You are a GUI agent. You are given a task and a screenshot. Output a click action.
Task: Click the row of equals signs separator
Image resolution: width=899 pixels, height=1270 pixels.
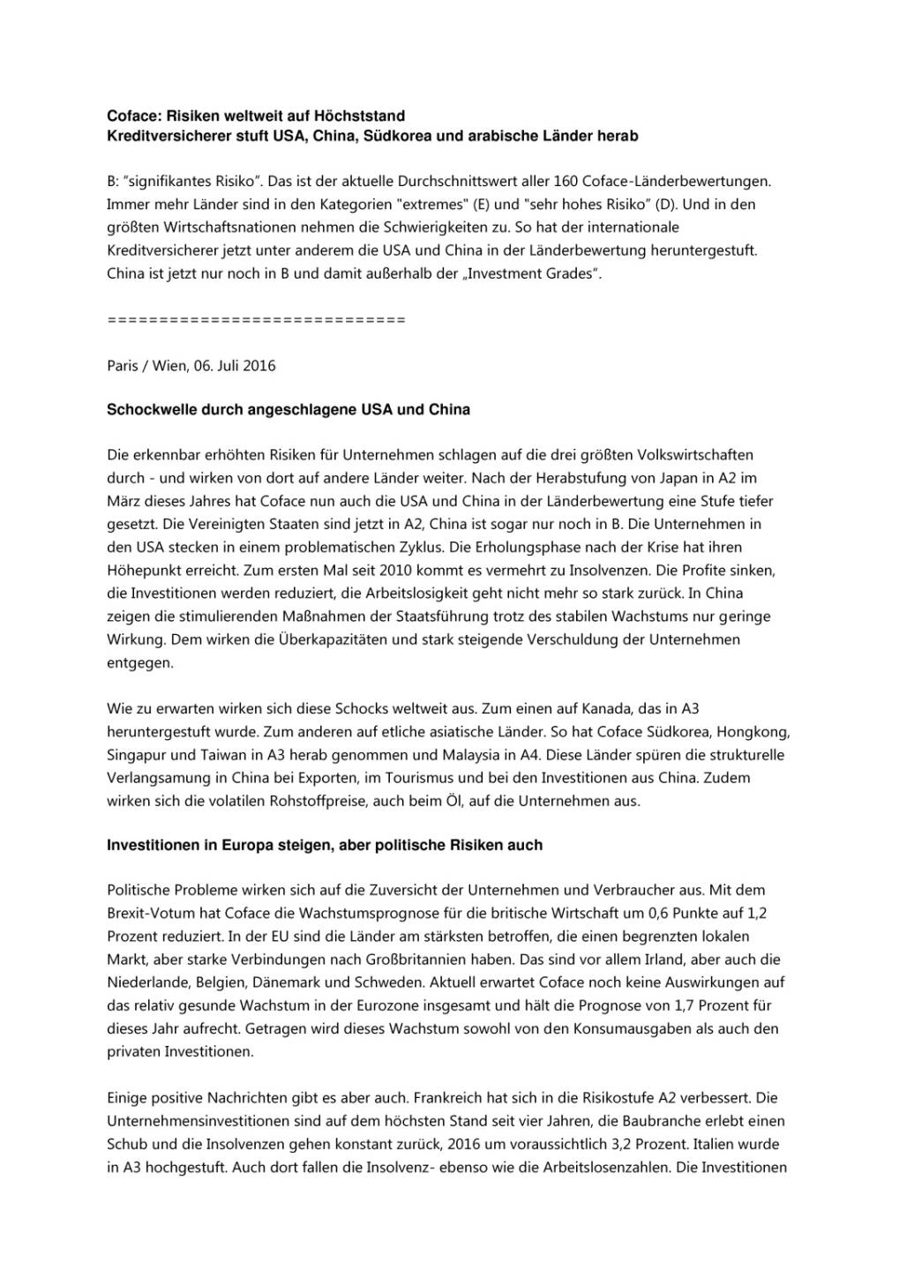click(256, 319)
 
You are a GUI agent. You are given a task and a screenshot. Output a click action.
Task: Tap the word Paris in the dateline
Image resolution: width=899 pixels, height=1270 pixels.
click(123, 365)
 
